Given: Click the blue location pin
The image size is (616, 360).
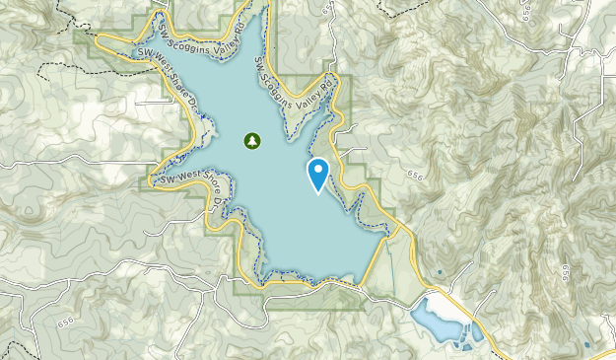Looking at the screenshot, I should point(318,174).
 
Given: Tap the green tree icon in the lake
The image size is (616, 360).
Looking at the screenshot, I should point(252,141).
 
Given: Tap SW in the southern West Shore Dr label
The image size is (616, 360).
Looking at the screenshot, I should point(159,180).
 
